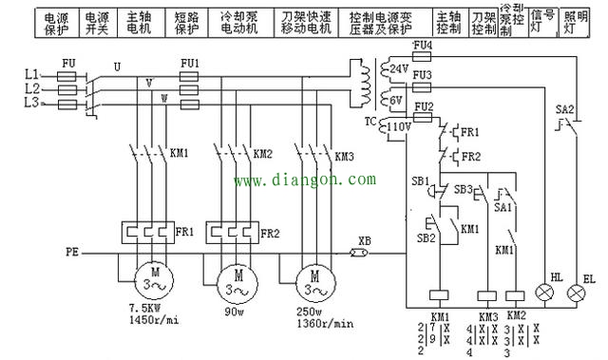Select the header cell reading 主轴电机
click(x=139, y=23)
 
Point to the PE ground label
click(x=71, y=254)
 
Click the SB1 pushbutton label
click(x=418, y=180)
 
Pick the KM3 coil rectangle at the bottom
click(x=486, y=296)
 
